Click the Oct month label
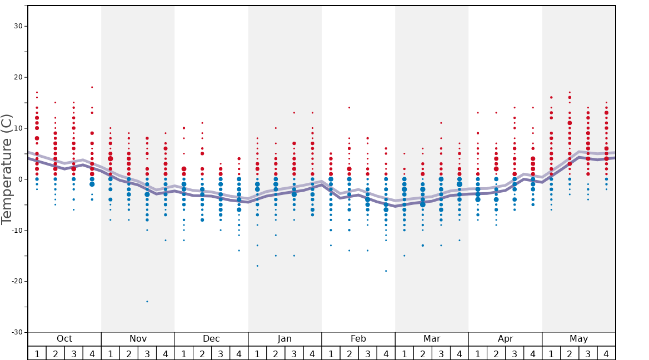64,339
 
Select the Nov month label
138,339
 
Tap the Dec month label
211,339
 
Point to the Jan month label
284,339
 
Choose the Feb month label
358,339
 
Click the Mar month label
432,339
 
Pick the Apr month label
505,339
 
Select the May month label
578,339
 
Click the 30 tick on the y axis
18,26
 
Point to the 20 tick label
18,77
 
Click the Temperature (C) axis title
7,169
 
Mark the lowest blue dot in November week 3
147,301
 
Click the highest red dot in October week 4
92,87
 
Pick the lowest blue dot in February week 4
386,271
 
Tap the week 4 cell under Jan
312,353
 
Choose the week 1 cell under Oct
37,353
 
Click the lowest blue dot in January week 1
257,266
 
